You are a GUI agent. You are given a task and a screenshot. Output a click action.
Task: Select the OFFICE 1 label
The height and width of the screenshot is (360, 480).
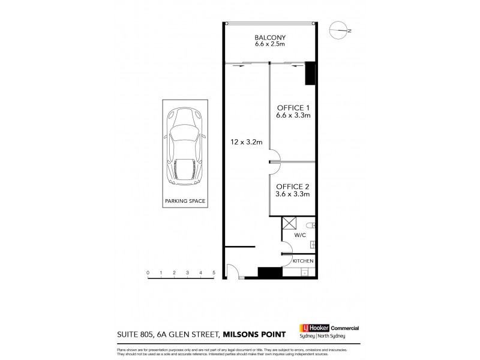[292, 108]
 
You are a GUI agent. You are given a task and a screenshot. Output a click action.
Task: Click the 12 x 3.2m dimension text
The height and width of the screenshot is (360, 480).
[246, 142]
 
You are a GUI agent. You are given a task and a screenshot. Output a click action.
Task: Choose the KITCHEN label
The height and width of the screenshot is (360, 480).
[303, 261]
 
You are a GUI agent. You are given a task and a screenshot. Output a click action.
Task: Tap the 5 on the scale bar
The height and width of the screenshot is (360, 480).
[214, 273]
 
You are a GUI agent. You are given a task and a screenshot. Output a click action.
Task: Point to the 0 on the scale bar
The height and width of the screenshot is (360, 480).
[147, 273]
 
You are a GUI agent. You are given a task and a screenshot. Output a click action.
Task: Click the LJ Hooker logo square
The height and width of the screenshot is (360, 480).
[304, 328]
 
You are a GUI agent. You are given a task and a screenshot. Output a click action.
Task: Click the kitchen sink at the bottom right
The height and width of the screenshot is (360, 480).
[305, 273]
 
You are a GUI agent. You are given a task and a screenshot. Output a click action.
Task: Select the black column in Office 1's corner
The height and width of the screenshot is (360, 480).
[310, 74]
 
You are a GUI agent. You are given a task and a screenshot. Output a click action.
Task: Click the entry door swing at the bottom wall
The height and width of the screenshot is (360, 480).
[236, 274]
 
